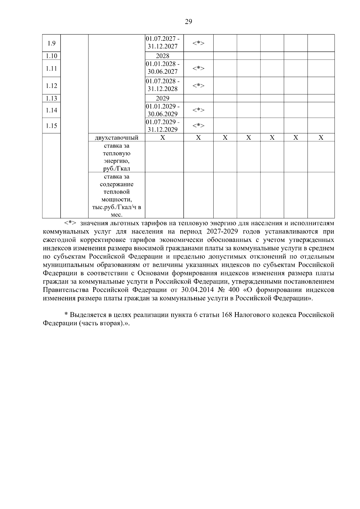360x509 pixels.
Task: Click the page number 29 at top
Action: click(188, 22)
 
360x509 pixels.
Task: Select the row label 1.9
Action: click(51, 43)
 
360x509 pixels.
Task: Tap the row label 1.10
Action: click(51, 56)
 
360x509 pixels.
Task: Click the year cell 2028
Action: click(163, 56)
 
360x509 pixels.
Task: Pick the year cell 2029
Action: click(163, 98)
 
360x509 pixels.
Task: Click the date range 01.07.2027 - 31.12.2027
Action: click(163, 43)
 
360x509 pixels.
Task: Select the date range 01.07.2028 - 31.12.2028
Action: click(163, 85)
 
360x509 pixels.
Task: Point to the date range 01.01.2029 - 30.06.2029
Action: click(163, 110)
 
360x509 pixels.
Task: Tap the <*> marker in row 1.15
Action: click(198, 126)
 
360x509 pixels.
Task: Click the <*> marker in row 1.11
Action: click(198, 68)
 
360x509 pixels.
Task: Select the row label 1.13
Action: click(51, 98)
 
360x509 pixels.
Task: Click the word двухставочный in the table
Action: click(116, 138)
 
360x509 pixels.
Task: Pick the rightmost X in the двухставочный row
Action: click(321, 138)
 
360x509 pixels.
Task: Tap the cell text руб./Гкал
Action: click(116, 168)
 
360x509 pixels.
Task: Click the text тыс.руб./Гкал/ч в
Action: click(116, 207)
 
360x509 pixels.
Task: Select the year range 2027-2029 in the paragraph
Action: click(220, 232)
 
